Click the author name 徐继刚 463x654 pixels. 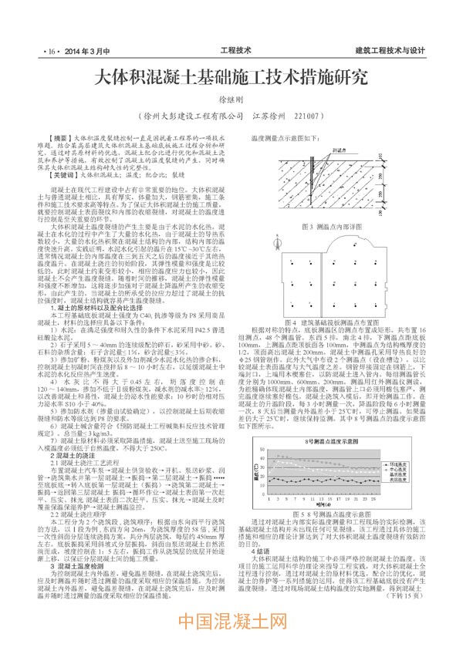tap(231, 100)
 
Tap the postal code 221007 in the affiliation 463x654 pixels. tap(305, 117)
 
